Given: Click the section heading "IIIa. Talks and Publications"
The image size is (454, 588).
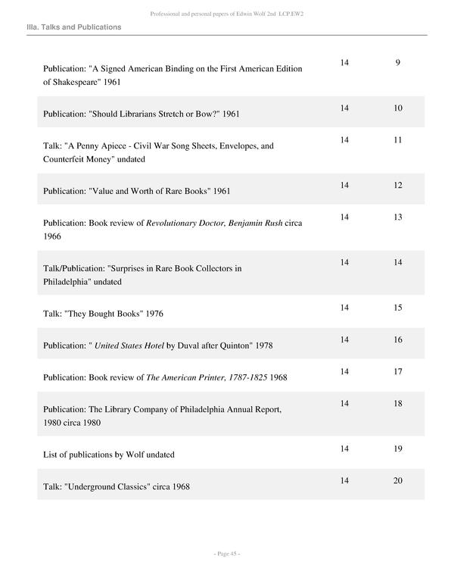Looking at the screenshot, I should tap(73, 27).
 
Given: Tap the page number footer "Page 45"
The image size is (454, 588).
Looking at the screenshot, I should tap(227, 554).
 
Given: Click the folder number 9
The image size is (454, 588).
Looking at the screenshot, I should tap(397, 62).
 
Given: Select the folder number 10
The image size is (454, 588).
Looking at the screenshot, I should tap(397, 108).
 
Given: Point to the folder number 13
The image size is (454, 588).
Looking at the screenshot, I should tap(397, 217).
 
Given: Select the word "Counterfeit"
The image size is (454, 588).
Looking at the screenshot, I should tap(66, 159).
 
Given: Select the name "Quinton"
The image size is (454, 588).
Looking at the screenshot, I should tap(235, 346).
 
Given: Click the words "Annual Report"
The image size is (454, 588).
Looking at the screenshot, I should tap(253, 409).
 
